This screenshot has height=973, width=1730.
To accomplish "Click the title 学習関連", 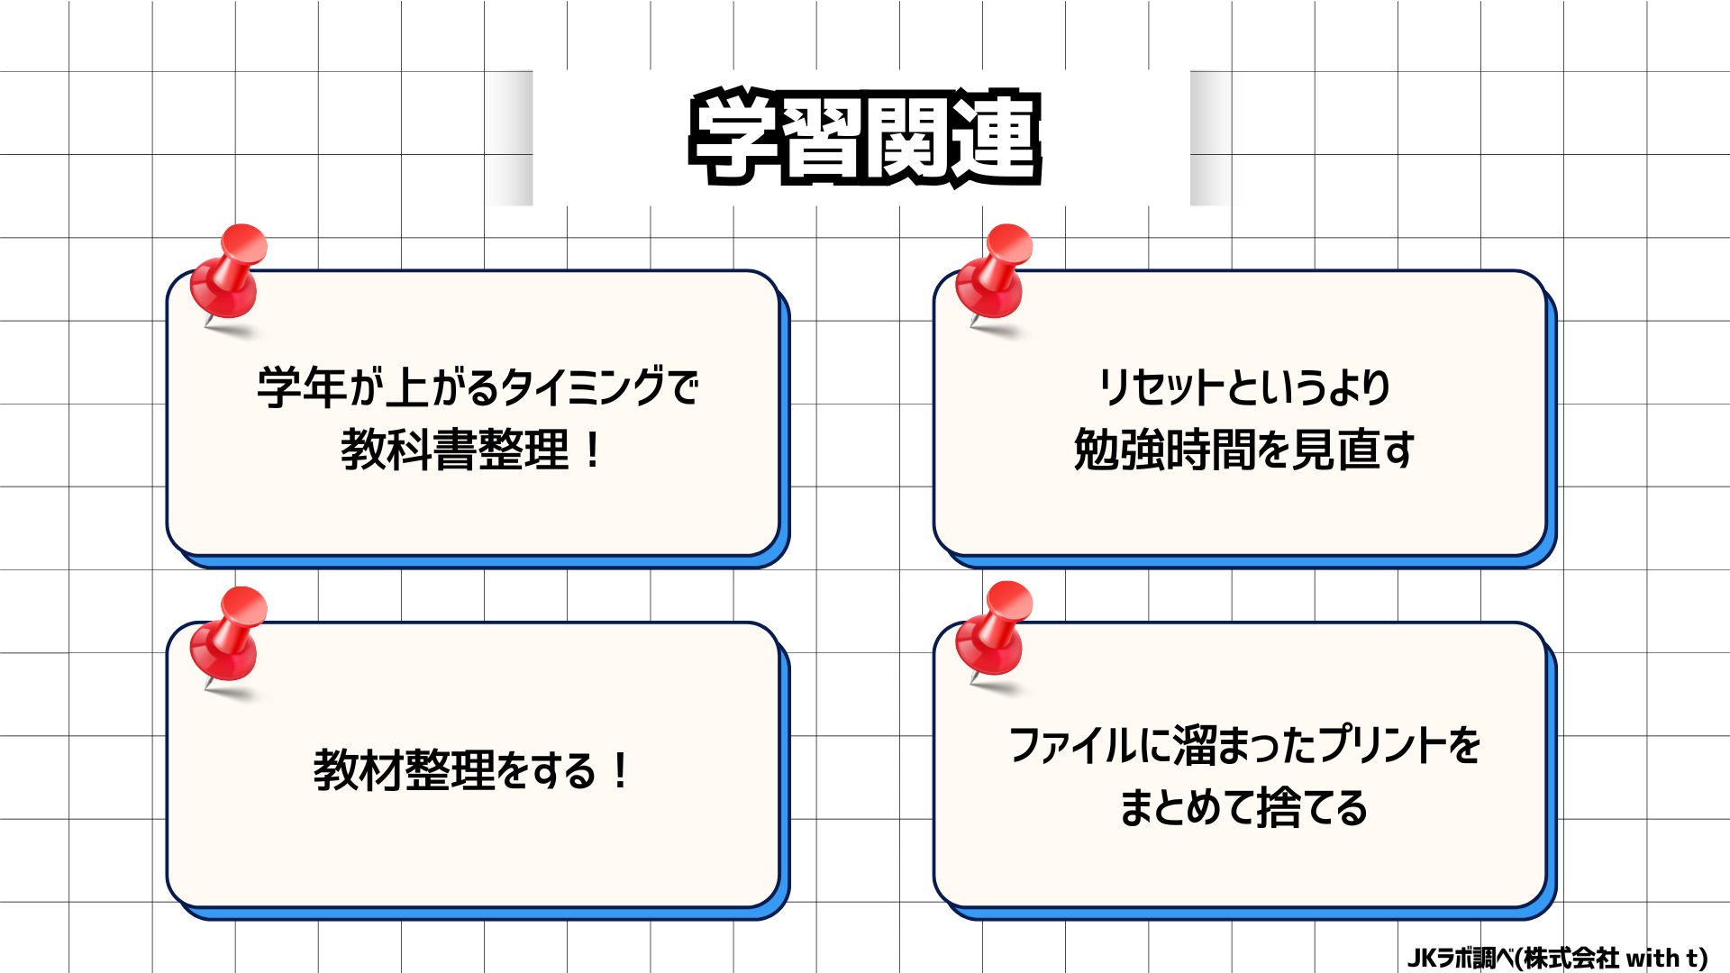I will pyautogui.click(x=865, y=137).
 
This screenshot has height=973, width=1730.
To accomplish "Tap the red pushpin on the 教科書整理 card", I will pyautogui.click(x=229, y=273).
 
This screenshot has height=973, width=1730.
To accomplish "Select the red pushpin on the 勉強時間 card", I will pyautogui.click(x=995, y=273).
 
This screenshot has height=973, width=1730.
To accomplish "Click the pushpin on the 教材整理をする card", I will pyautogui.click(x=229, y=636).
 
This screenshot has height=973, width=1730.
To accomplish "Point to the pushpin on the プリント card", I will pyautogui.click(x=995, y=631).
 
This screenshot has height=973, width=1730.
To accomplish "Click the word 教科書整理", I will pyautogui.click(x=455, y=450).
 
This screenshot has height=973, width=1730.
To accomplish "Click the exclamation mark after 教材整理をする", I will pyautogui.click(x=620, y=770).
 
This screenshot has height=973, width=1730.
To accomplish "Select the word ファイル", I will pyautogui.click(x=1072, y=745).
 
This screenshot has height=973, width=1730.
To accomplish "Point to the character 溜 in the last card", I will pyautogui.click(x=1194, y=745).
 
